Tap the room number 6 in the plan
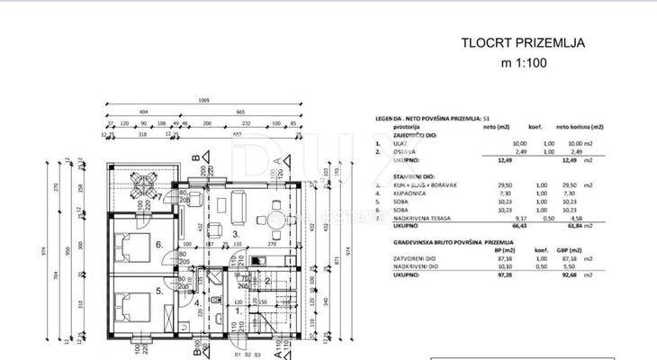coord(158,244)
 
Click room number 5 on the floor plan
coord(158,291)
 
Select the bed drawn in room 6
coord(130,245)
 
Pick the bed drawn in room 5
coord(130,301)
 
